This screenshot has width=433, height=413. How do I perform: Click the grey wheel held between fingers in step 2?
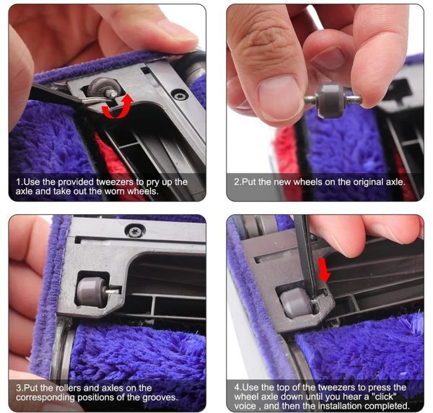click(x=331, y=101)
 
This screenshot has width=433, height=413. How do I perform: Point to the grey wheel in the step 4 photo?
click(x=295, y=303)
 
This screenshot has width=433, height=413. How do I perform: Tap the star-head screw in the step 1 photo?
click(x=180, y=95)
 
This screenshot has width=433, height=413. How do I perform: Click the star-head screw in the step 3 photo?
click(x=135, y=231)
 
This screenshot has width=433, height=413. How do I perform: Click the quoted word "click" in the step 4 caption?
click(x=382, y=396)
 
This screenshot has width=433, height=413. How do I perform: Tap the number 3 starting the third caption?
click(x=18, y=388)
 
